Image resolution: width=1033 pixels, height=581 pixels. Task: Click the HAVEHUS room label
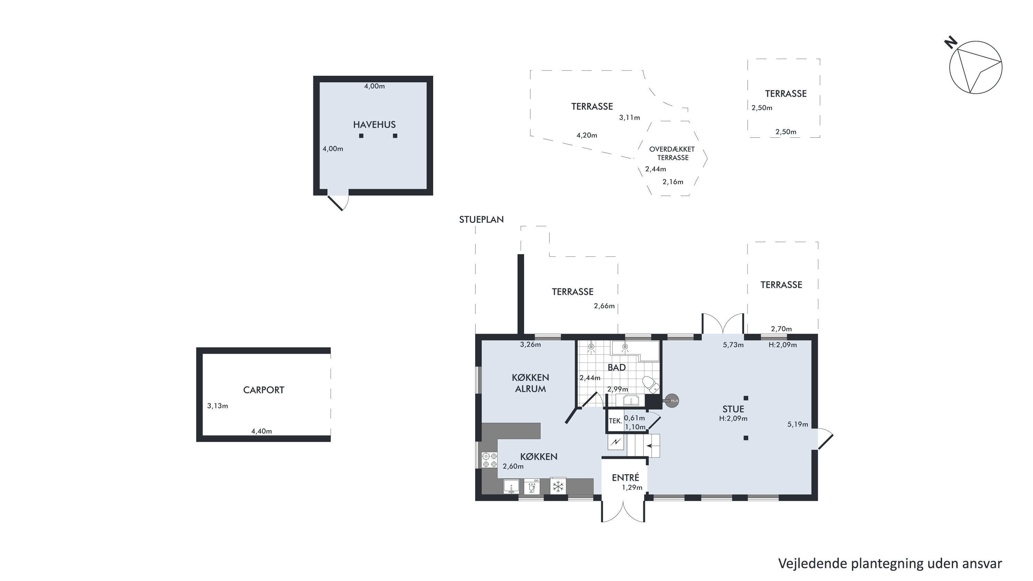pos(374,125)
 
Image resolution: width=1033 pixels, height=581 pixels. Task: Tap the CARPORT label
pos(263,390)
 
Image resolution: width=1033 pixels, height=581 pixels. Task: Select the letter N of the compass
pos(951,42)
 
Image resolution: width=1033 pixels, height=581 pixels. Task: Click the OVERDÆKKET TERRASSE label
pos(672,153)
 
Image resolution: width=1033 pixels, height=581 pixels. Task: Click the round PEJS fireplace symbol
pos(672,401)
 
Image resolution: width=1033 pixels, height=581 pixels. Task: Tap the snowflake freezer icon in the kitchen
pos(558,487)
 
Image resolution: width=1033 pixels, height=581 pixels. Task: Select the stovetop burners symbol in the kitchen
pos(490,460)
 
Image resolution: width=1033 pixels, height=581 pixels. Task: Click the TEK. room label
pos(616,421)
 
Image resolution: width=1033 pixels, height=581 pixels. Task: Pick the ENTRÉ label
pos(625,478)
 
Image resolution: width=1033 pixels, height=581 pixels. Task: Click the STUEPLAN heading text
pos(481,219)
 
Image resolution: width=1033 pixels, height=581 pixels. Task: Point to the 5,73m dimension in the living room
pos(733,345)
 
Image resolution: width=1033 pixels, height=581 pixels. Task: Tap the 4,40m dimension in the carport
pos(261,432)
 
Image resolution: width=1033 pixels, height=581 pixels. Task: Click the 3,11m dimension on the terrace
pos(629,117)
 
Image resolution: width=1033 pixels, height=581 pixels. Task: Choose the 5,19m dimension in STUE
pos(797,424)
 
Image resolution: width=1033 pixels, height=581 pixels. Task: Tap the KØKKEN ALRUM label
pos(530,383)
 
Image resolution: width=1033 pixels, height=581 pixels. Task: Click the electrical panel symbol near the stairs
pos(616,442)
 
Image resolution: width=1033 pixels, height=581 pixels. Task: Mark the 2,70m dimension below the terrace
pos(782,329)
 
